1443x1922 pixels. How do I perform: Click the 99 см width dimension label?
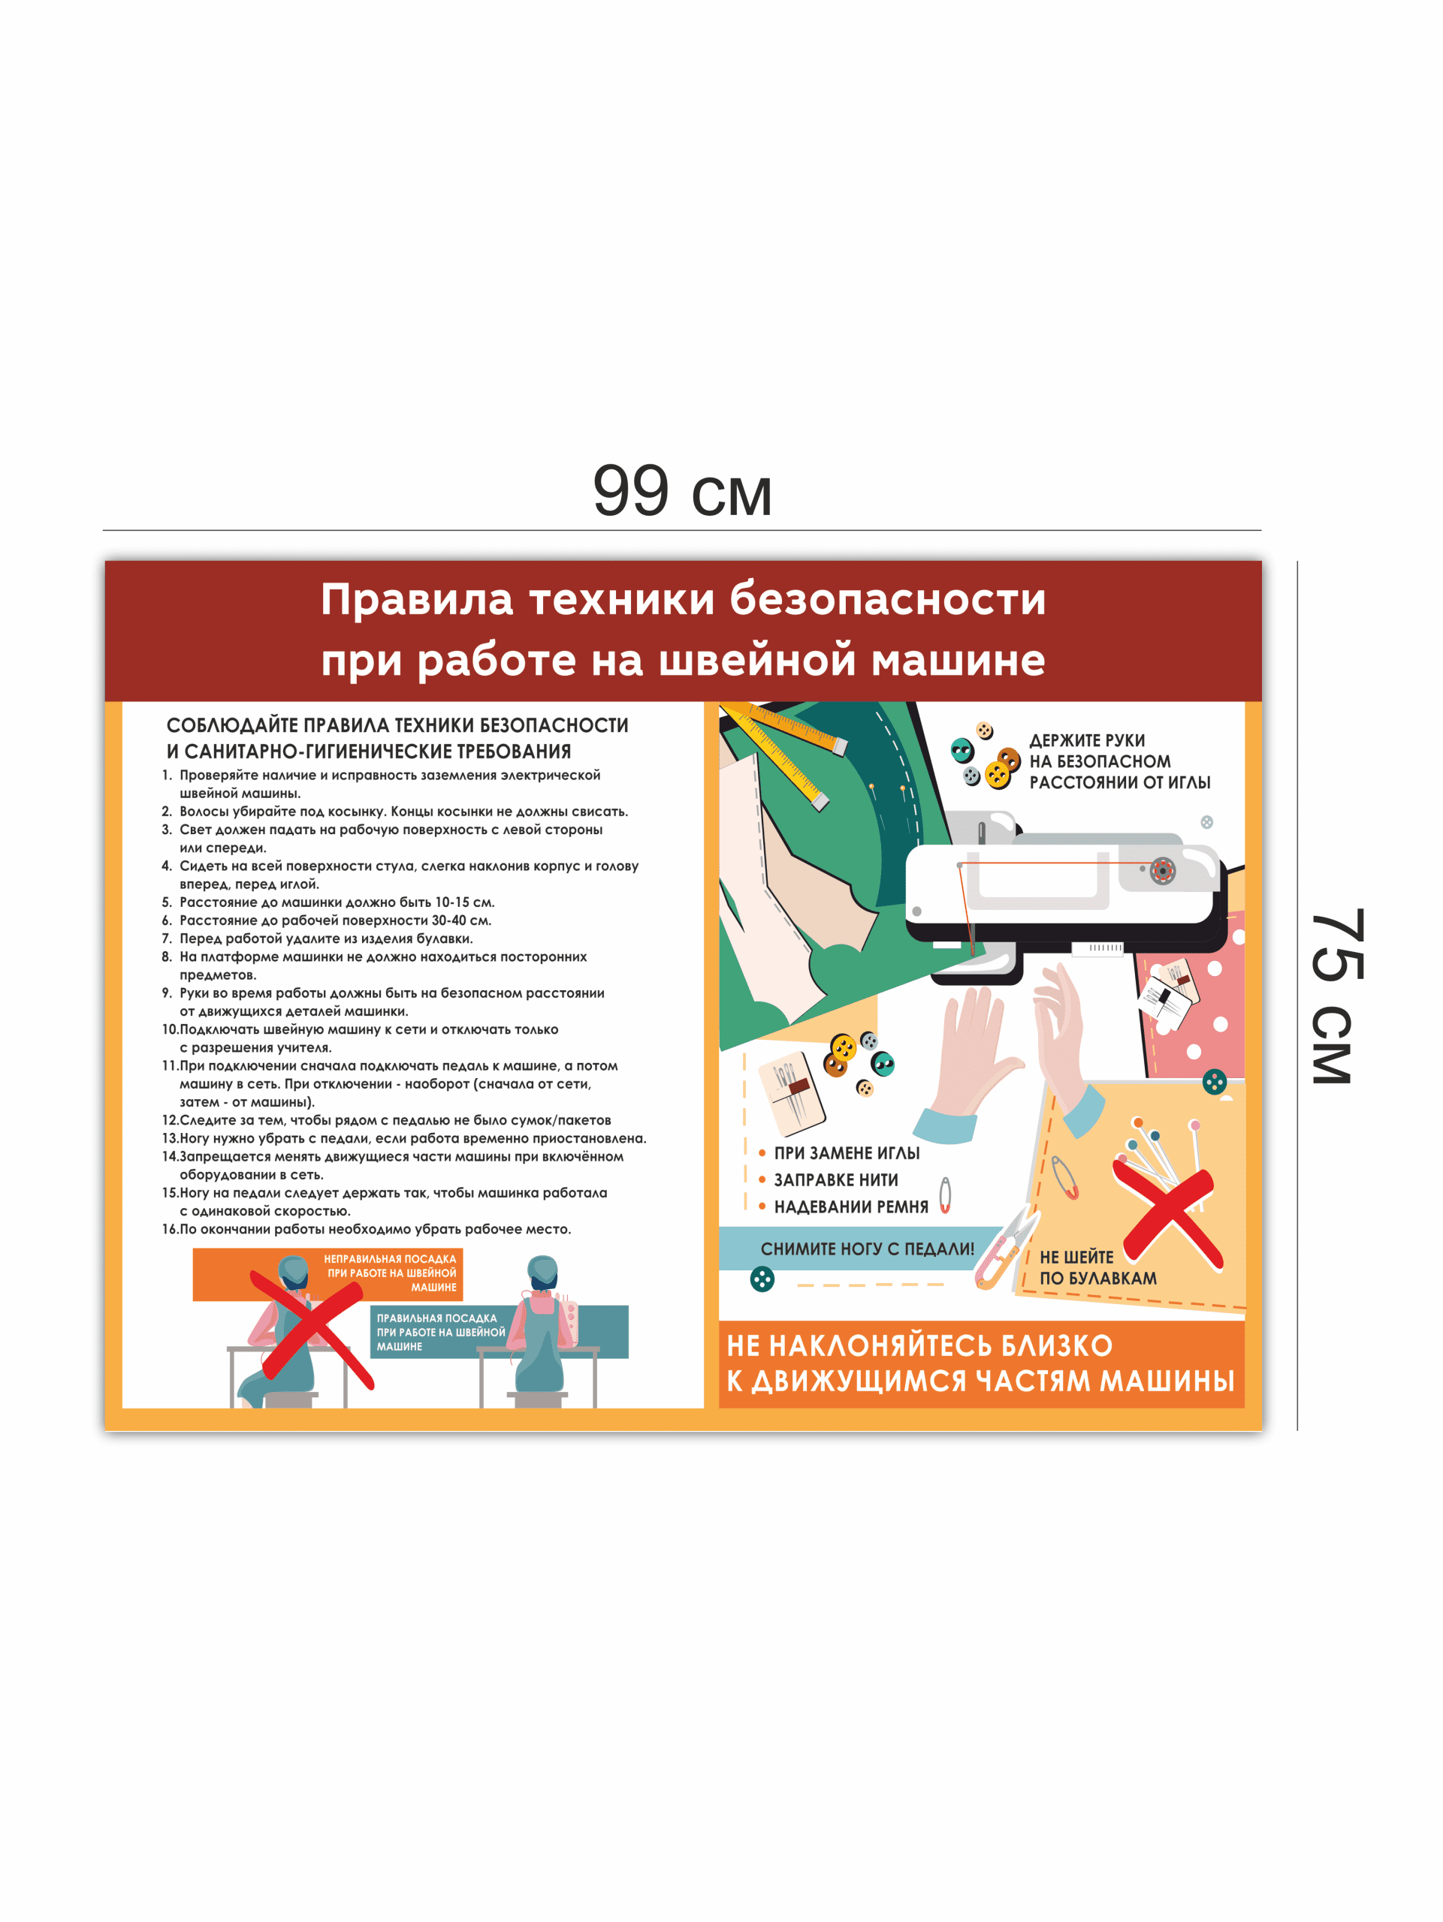pyautogui.click(x=682, y=491)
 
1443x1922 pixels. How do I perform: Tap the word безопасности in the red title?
pyautogui.click(x=888, y=600)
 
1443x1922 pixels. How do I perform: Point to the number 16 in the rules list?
pyautogui.click(x=170, y=1228)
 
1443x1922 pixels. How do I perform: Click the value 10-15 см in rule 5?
pyautogui.click(x=465, y=902)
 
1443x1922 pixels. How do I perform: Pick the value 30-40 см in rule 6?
pyautogui.click(x=461, y=920)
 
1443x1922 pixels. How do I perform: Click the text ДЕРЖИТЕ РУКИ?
pyautogui.click(x=1087, y=740)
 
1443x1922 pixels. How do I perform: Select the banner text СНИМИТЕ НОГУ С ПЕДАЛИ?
pyautogui.click(x=867, y=1249)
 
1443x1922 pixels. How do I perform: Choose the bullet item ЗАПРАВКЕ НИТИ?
pyautogui.click(x=835, y=1180)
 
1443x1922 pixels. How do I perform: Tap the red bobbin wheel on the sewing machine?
pyautogui.click(x=1162, y=869)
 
